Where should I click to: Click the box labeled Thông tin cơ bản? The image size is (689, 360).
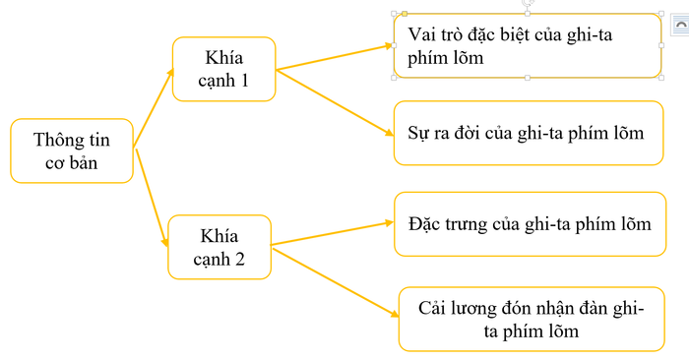[x=71, y=150]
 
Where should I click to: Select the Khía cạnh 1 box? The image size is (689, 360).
[x=223, y=69]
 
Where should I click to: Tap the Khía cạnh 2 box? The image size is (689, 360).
[x=219, y=247]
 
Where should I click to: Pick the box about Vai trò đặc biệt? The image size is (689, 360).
[x=527, y=45]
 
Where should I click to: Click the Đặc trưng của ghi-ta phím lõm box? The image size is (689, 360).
[x=529, y=223]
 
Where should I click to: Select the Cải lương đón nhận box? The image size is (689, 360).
[x=524, y=319]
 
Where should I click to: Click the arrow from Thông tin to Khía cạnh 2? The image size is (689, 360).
[x=150, y=197]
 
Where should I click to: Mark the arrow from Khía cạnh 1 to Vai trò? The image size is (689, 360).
[x=335, y=57]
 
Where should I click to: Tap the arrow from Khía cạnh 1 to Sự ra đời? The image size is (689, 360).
[x=335, y=100]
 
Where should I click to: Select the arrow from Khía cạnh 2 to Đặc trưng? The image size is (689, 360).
[x=330, y=234]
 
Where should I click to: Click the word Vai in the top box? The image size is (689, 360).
[x=423, y=35]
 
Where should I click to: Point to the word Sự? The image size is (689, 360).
[x=419, y=132]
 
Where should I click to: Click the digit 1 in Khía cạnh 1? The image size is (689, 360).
[x=244, y=81]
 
